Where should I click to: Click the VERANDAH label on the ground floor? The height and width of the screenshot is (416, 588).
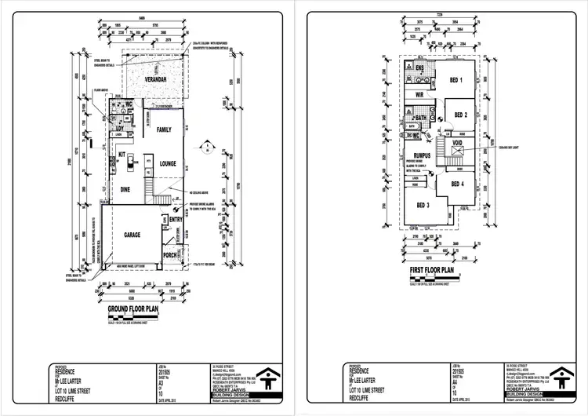pyautogui.click(x=156, y=81)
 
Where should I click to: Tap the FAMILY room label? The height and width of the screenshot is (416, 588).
pyautogui.click(x=164, y=129)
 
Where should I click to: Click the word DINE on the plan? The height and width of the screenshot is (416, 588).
pyautogui.click(x=125, y=189)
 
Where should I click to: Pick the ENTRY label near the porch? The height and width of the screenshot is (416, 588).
pyautogui.click(x=176, y=221)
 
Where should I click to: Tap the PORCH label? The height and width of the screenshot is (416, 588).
pyautogui.click(x=171, y=255)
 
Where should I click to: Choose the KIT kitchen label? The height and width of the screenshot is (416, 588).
pyautogui.click(x=122, y=155)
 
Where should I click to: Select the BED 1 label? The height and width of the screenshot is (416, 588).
pyautogui.click(x=456, y=81)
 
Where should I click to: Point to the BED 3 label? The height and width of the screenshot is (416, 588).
pyautogui.click(x=423, y=206)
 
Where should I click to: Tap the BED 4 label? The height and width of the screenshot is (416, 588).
pyautogui.click(x=457, y=185)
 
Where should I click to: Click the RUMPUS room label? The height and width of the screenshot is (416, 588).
pyautogui.click(x=423, y=155)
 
